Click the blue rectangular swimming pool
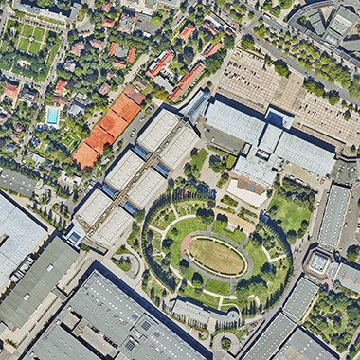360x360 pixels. pyautogui.click(x=52, y=116)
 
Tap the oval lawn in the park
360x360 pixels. pyautogui.click(x=216, y=256)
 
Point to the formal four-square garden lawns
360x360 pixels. pyautogui.click(x=30, y=39)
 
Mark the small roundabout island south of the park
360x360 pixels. pyautogui.click(x=225, y=344)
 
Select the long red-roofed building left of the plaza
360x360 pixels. pyautogui.click(x=187, y=81)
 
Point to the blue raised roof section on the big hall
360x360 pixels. pyautogui.click(x=279, y=119)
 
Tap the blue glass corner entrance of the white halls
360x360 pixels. pyautogui.click(x=76, y=234)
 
